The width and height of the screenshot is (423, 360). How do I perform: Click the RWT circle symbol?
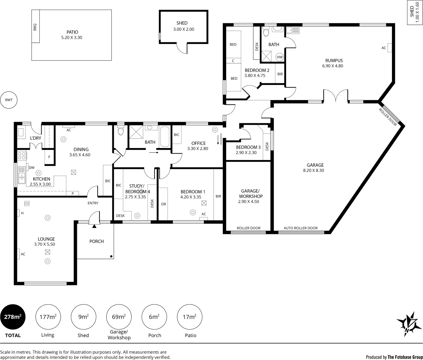9,100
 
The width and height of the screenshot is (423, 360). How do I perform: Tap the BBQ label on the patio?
35,27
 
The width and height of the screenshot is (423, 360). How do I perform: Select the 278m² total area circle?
13,317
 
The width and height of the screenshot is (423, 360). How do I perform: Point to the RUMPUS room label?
334,61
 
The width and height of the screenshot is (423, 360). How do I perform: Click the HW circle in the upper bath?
280,57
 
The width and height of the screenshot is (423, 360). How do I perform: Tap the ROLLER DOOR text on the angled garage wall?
388,117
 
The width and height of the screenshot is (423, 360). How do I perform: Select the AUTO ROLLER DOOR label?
300,228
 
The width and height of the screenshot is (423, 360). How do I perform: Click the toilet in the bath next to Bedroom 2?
266,33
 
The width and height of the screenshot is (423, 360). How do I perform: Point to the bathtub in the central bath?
165,137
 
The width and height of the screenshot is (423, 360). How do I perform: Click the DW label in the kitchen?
32,168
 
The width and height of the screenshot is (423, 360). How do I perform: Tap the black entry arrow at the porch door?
94,226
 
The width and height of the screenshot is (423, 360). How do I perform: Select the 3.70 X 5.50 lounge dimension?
44,244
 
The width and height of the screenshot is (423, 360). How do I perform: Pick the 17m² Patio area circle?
190,317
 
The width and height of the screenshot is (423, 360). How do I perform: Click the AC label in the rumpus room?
384,48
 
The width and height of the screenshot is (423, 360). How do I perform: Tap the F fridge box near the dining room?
50,157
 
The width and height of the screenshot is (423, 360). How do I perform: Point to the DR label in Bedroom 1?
164,204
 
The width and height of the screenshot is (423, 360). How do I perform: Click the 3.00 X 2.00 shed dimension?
184,29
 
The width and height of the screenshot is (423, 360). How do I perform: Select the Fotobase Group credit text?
394,357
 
